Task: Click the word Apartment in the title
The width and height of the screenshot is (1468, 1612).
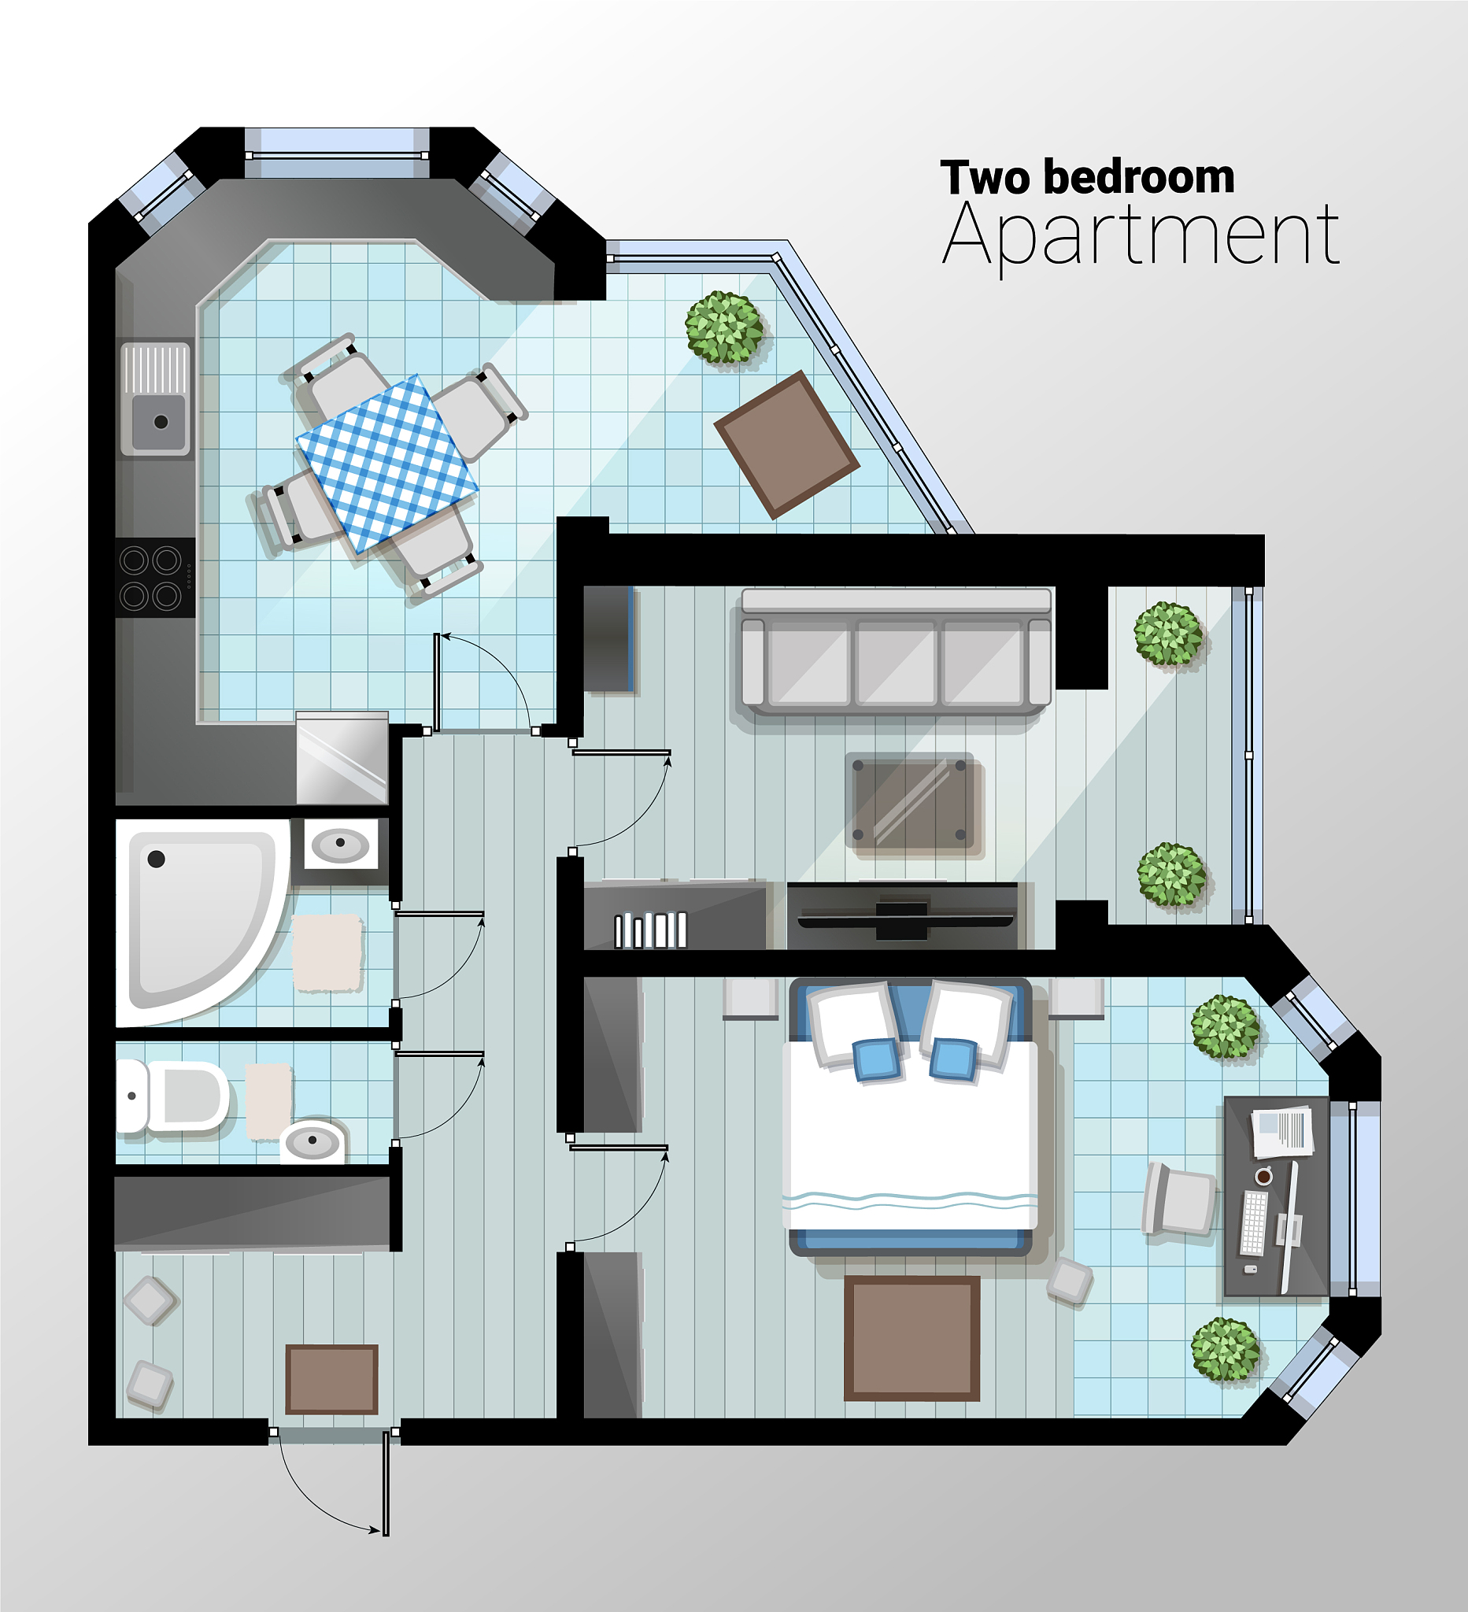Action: pyautogui.click(x=1141, y=236)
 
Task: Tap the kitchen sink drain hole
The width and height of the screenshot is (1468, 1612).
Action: pyautogui.click(x=161, y=421)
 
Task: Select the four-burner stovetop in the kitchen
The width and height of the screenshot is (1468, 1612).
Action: pyautogui.click(x=155, y=576)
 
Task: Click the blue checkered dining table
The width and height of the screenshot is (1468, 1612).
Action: pyautogui.click(x=387, y=464)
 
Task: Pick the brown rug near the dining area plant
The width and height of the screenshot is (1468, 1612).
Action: pyautogui.click(x=787, y=445)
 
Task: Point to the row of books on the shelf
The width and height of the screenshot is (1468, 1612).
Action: pyautogui.click(x=650, y=930)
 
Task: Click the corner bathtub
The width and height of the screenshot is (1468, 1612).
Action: pyautogui.click(x=203, y=922)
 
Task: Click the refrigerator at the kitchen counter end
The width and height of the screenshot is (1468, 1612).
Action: pyautogui.click(x=342, y=757)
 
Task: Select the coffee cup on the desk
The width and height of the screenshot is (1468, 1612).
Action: pyautogui.click(x=1264, y=1176)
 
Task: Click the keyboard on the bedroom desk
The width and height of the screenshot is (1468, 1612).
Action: pyautogui.click(x=1254, y=1222)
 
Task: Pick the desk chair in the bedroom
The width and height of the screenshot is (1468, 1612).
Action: pyautogui.click(x=1179, y=1199)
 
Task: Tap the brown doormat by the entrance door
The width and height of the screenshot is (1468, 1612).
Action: pyautogui.click(x=332, y=1379)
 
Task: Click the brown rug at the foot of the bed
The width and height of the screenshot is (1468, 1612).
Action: pyautogui.click(x=912, y=1338)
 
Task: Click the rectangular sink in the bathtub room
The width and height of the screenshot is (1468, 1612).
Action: pyautogui.click(x=341, y=844)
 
